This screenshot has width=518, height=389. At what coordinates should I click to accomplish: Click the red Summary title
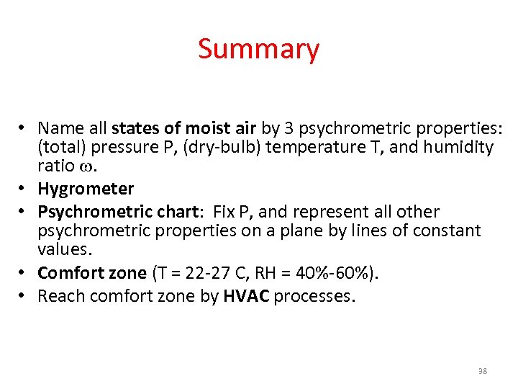[x=258, y=49]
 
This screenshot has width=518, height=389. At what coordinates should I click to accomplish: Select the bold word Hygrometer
[x=86, y=189]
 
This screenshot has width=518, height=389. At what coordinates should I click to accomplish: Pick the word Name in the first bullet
[x=57, y=128]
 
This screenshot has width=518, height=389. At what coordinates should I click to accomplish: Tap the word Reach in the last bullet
[x=58, y=295]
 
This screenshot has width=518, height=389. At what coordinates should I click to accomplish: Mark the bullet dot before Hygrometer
[x=23, y=189]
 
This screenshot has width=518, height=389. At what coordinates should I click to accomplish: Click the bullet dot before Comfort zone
[x=23, y=273]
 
